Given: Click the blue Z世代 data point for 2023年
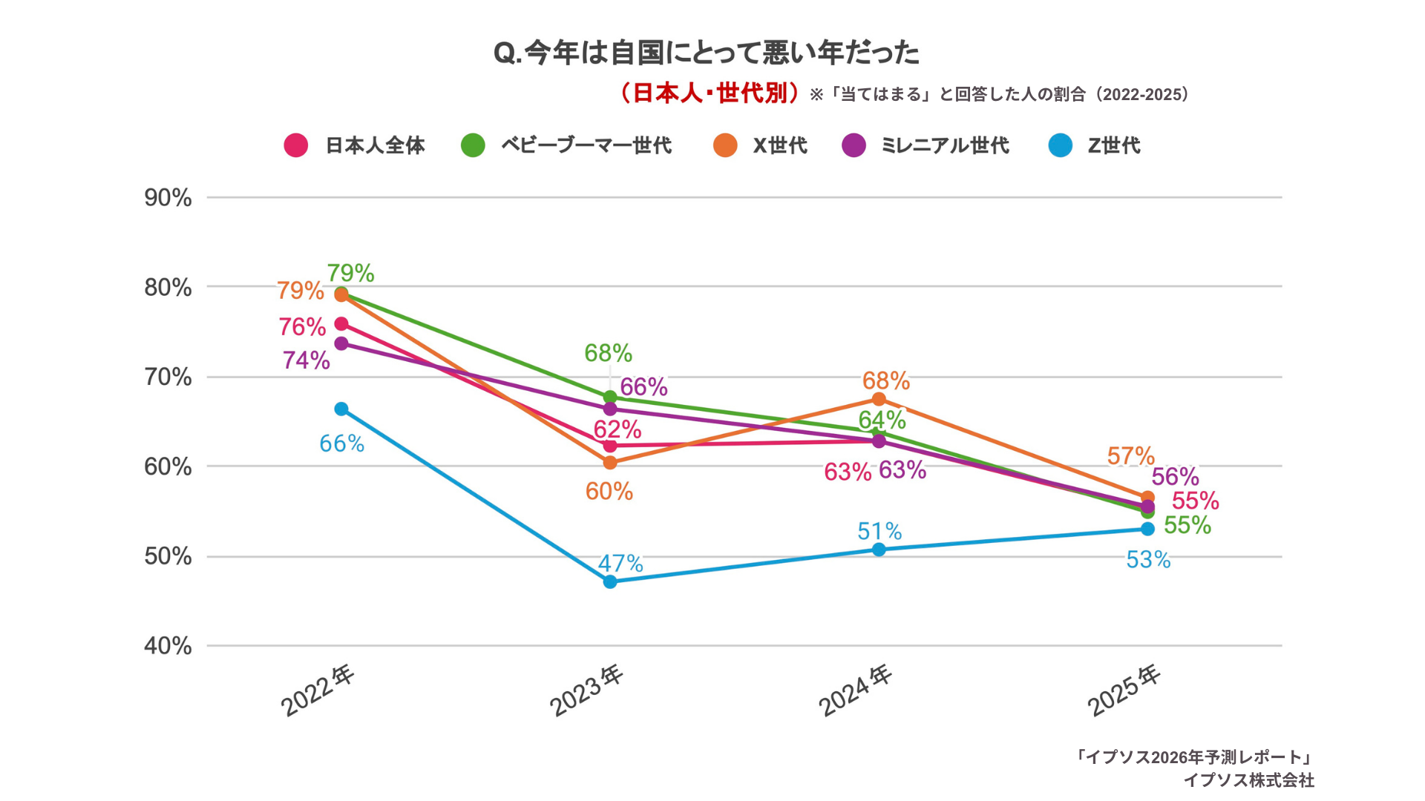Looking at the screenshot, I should pos(609,581).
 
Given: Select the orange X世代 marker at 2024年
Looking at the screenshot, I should pos(878,399).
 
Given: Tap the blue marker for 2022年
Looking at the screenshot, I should pos(341,409).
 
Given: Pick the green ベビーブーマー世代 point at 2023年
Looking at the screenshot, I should pos(609,397).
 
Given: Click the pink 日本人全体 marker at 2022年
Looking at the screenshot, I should pos(341,323).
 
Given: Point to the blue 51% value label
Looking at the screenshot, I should pos(879,531).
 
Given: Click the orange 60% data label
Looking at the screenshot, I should pos(609,491).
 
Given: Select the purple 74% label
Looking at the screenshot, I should pos(306,360).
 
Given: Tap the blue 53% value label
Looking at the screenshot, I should pos(1147,559).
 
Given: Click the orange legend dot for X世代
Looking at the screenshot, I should pos(725,145).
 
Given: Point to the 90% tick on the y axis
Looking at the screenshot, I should pos(168,198).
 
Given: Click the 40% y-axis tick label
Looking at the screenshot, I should pos(168,646).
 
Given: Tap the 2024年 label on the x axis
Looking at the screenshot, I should pos(854,690).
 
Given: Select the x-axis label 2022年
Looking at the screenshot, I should pos(318,690).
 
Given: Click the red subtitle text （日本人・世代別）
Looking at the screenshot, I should pos(710,93).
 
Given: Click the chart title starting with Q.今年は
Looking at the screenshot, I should pos(706,53).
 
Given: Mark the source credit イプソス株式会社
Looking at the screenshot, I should pos(1248,780).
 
